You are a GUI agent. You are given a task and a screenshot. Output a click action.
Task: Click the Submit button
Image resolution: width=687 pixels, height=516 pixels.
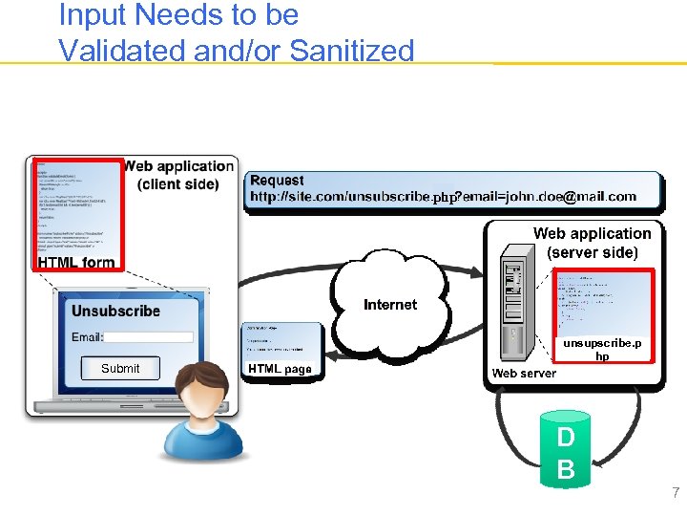120,369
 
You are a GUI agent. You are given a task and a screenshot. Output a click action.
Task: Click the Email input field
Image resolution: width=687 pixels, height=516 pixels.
149,337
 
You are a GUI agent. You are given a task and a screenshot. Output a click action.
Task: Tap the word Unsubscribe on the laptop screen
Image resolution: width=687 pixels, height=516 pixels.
115,311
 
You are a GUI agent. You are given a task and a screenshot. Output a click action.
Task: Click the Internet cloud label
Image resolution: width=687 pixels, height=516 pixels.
390,305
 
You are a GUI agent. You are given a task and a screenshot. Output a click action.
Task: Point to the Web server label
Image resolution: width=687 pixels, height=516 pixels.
524,374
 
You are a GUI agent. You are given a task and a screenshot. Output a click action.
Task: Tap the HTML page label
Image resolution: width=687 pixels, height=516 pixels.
280,369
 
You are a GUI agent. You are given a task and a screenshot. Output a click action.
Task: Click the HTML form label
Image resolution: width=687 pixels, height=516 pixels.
76,262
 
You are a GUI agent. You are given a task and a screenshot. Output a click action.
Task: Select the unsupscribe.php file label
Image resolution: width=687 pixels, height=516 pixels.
602,349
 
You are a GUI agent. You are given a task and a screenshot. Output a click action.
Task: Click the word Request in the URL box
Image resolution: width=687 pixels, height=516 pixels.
277,181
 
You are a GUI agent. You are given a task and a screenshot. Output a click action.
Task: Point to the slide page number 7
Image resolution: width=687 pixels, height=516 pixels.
676,493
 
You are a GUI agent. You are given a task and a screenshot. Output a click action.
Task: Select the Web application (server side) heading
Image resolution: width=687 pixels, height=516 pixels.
592,243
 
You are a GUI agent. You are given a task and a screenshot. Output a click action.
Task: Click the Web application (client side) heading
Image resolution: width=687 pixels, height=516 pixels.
178,175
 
